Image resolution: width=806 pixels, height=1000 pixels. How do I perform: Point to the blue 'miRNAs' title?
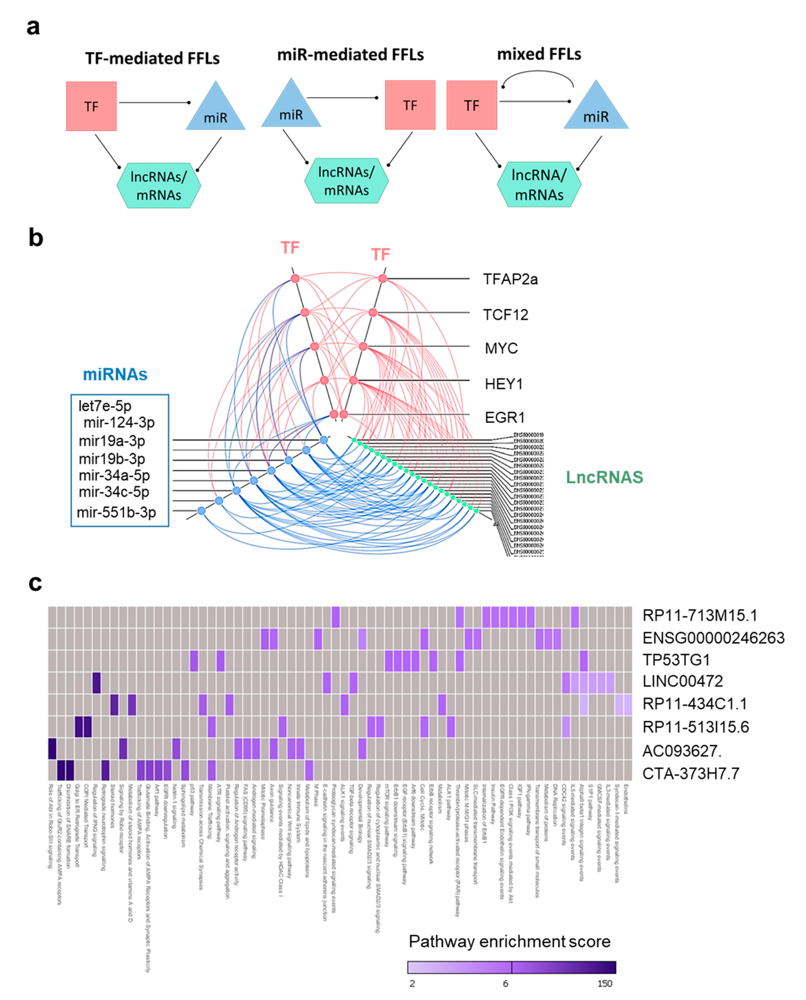click(115, 375)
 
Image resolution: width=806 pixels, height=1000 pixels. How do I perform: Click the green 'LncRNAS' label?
click(604, 477)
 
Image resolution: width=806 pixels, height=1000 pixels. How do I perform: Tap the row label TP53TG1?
click(676, 660)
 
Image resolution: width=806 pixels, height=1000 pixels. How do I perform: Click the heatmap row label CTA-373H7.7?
click(690, 773)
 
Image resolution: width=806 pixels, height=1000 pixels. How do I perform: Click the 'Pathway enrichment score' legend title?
click(509, 942)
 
